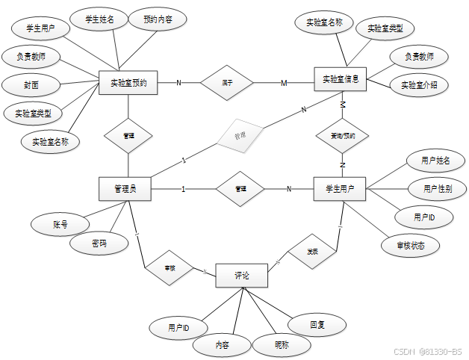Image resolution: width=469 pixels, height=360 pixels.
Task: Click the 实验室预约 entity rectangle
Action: click(128, 83)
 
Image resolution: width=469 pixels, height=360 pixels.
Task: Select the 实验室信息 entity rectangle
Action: click(341, 79)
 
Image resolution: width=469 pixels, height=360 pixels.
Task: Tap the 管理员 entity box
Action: click(125, 189)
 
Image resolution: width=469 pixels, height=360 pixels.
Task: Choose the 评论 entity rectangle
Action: click(241, 276)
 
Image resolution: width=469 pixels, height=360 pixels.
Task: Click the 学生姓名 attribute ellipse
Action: click(99, 19)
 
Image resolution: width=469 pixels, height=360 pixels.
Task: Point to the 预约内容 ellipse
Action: click(158, 19)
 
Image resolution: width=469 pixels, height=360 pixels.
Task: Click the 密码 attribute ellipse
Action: click(99, 243)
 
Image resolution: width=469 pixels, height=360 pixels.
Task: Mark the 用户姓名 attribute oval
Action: click(435, 160)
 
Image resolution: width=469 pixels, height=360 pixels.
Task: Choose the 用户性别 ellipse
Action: click(437, 188)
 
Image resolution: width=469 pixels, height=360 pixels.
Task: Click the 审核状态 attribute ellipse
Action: click(408, 244)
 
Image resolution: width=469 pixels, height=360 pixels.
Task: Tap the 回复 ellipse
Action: click(317, 325)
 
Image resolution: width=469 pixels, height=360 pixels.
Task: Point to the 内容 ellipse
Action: click(222, 345)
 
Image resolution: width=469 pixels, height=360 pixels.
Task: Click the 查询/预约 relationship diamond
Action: click(342, 136)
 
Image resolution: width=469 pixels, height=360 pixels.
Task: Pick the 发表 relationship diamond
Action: click(311, 252)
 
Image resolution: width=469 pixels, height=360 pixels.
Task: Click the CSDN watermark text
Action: click(427, 351)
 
